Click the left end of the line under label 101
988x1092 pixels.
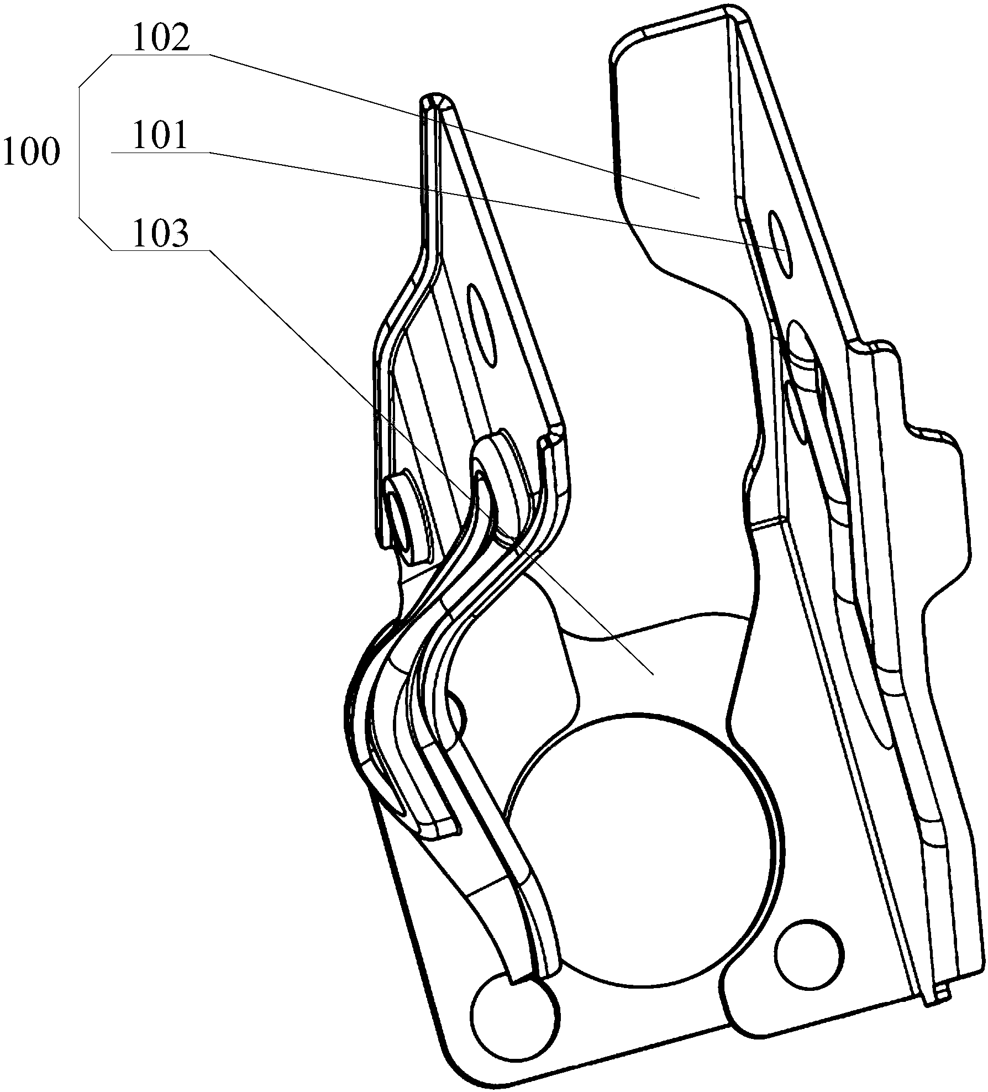click(111, 152)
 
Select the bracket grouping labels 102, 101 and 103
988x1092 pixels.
click(79, 152)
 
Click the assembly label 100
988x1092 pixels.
click(30, 152)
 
